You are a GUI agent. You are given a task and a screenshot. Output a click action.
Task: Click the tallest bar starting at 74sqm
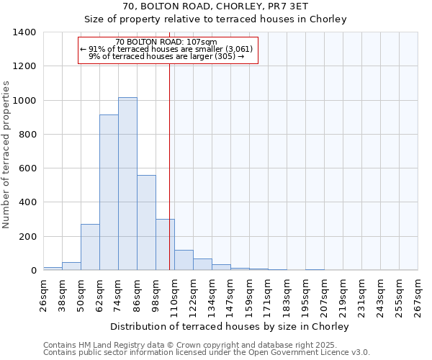click(127, 184)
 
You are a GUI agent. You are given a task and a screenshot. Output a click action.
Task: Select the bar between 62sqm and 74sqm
click(109, 192)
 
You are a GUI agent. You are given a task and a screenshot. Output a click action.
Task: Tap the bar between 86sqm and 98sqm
click(146, 222)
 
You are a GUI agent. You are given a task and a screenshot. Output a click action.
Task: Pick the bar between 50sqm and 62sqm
click(90, 247)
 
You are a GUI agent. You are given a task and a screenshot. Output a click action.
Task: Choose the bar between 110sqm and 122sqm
click(184, 260)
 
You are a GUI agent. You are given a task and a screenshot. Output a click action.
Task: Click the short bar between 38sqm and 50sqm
click(71, 266)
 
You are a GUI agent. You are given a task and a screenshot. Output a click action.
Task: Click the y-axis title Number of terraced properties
click(6, 154)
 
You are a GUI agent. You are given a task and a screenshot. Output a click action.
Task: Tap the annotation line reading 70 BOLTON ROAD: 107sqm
click(166, 42)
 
